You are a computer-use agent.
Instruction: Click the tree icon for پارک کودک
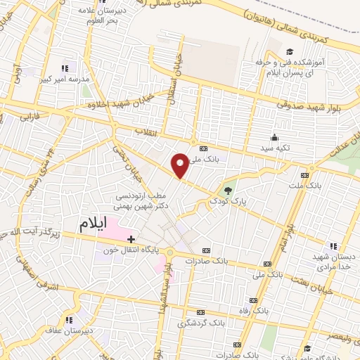pyautogui.click(x=227, y=190)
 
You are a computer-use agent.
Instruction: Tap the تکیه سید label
pyautogui.click(x=274, y=148)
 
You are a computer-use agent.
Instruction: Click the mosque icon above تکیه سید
pyautogui.click(x=274, y=138)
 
